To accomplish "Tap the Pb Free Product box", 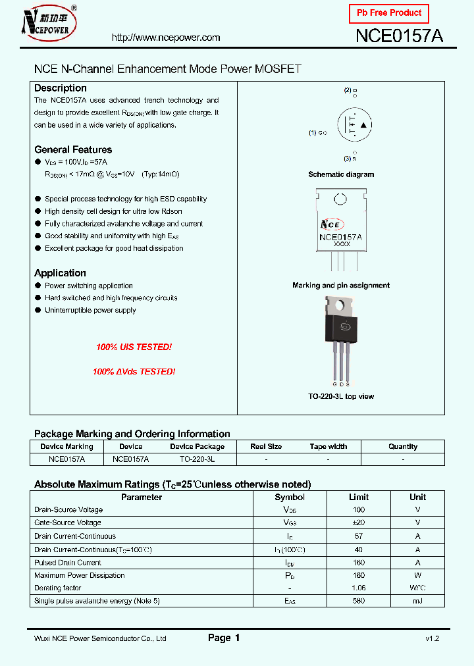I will (388, 13).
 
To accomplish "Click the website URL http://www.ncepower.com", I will (166, 38).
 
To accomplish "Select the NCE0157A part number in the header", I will (399, 37).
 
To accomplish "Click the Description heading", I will (61, 88).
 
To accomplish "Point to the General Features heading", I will (73, 149).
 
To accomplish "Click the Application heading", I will (60, 273).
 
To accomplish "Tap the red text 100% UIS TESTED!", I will (134, 347).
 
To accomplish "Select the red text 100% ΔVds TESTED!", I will (134, 372).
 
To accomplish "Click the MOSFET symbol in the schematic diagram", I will (355, 125).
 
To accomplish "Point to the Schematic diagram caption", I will (341, 174).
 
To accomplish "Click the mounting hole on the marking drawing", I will (340, 199).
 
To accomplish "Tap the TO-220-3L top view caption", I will (341, 396).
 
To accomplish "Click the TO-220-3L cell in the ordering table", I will (197, 459).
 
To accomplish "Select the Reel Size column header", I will (266, 446).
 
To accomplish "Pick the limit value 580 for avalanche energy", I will (359, 601).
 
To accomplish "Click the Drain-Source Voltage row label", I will (68, 510).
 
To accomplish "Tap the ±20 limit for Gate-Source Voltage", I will (359, 523).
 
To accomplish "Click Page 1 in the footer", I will (224, 638).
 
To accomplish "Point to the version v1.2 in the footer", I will (432, 638).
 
